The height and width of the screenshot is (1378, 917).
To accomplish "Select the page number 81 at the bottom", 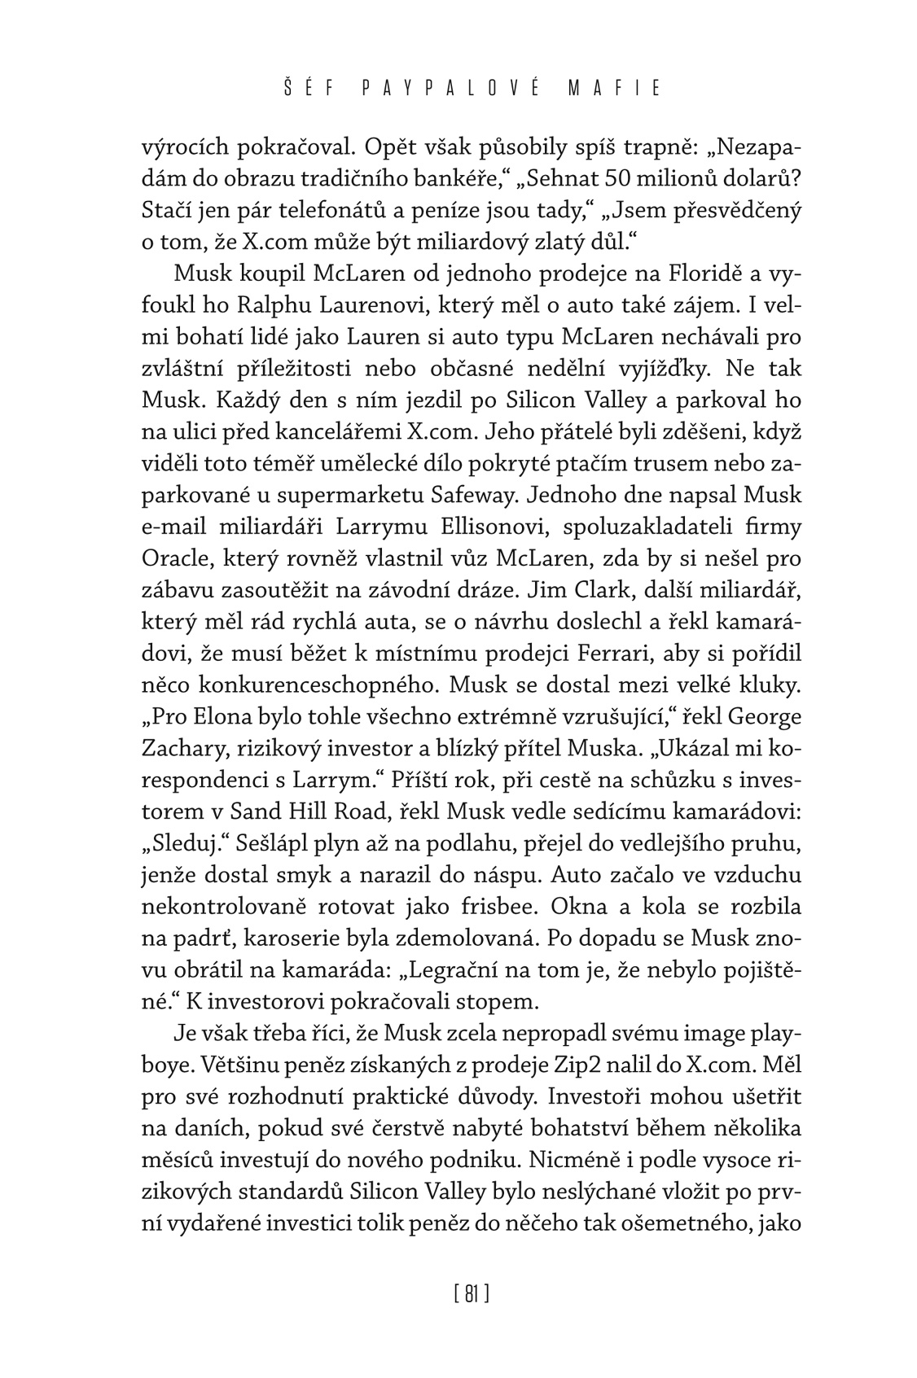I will [471, 1293].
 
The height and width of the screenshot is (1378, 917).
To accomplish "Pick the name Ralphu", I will [276, 305].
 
